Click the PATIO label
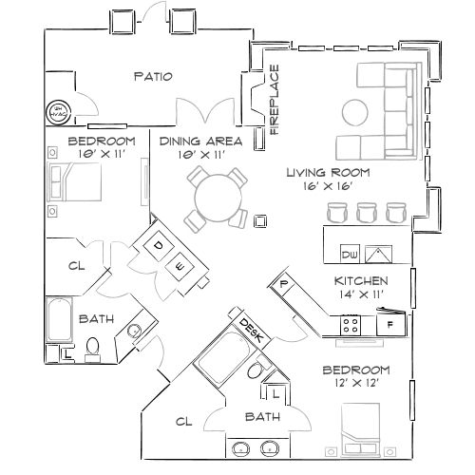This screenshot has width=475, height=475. (152, 77)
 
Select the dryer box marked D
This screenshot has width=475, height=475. (159, 245)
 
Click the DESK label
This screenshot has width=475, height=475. (251, 329)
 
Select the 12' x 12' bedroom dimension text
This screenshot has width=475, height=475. (356, 382)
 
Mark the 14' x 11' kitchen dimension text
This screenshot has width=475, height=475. (359, 296)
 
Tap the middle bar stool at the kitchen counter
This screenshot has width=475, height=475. (367, 214)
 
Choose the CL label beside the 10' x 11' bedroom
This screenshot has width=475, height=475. (76, 267)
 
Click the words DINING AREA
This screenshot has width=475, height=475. (199, 141)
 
